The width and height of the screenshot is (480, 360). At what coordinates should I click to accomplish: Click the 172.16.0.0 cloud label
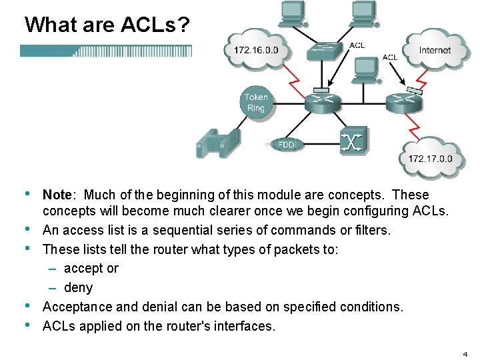(256, 50)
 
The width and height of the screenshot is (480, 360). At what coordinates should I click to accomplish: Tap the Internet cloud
(435, 50)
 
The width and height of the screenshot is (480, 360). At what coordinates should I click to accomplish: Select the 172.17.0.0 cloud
(430, 159)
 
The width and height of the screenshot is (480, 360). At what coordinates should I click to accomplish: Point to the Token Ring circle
(256, 103)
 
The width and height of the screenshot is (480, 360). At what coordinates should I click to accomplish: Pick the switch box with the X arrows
(352, 141)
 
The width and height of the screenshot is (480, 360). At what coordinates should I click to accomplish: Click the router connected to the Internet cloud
(403, 102)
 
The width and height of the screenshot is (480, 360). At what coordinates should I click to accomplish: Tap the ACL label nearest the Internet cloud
(390, 57)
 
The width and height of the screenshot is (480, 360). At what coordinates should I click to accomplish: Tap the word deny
(78, 287)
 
